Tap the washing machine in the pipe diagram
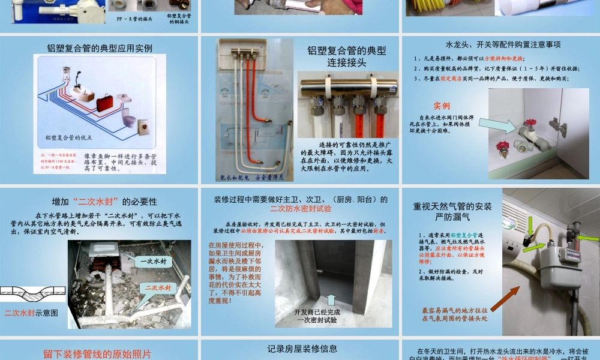[x=145, y=128]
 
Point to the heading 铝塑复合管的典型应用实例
[x=100, y=49]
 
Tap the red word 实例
[x=442, y=106]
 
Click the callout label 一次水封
[x=153, y=262]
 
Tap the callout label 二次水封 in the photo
[x=158, y=288]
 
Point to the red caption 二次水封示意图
[x=31, y=313]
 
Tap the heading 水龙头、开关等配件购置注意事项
[x=503, y=44]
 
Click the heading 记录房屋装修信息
[x=302, y=348]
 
